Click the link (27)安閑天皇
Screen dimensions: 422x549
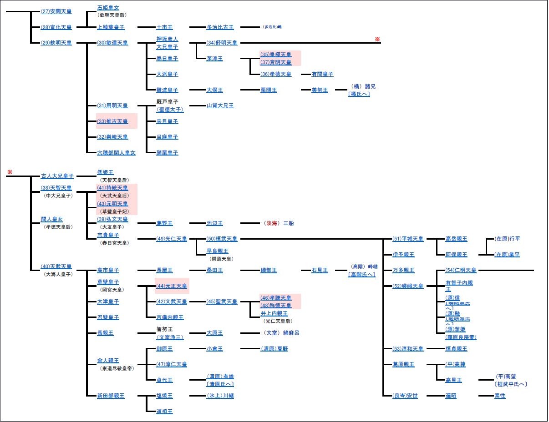pos(56,11)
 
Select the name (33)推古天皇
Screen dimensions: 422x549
pos(112,121)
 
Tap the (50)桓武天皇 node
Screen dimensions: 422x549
pos(222,239)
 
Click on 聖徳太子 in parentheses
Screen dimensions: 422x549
pos(170,110)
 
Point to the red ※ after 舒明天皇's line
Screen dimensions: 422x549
pos(377,40)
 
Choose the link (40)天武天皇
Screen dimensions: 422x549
pos(56,266)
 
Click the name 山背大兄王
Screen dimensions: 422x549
pos(220,105)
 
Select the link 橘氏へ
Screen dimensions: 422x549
pos(359,94)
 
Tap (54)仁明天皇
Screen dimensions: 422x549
pos(461,271)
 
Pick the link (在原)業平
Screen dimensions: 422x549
pos(507,255)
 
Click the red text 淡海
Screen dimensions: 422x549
pos(270,223)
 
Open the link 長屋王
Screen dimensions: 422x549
pos(164,271)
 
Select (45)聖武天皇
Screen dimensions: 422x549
pos(222,301)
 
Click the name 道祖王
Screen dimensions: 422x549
pos(164,412)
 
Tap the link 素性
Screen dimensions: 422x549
pos(499,396)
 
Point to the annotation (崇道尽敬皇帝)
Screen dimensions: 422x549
pos(117,368)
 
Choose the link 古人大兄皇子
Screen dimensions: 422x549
pos(57,176)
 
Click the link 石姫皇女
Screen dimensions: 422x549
pos(108,8)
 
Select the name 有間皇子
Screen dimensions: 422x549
pos(322,74)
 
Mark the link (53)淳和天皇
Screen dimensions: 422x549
pos(408,349)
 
